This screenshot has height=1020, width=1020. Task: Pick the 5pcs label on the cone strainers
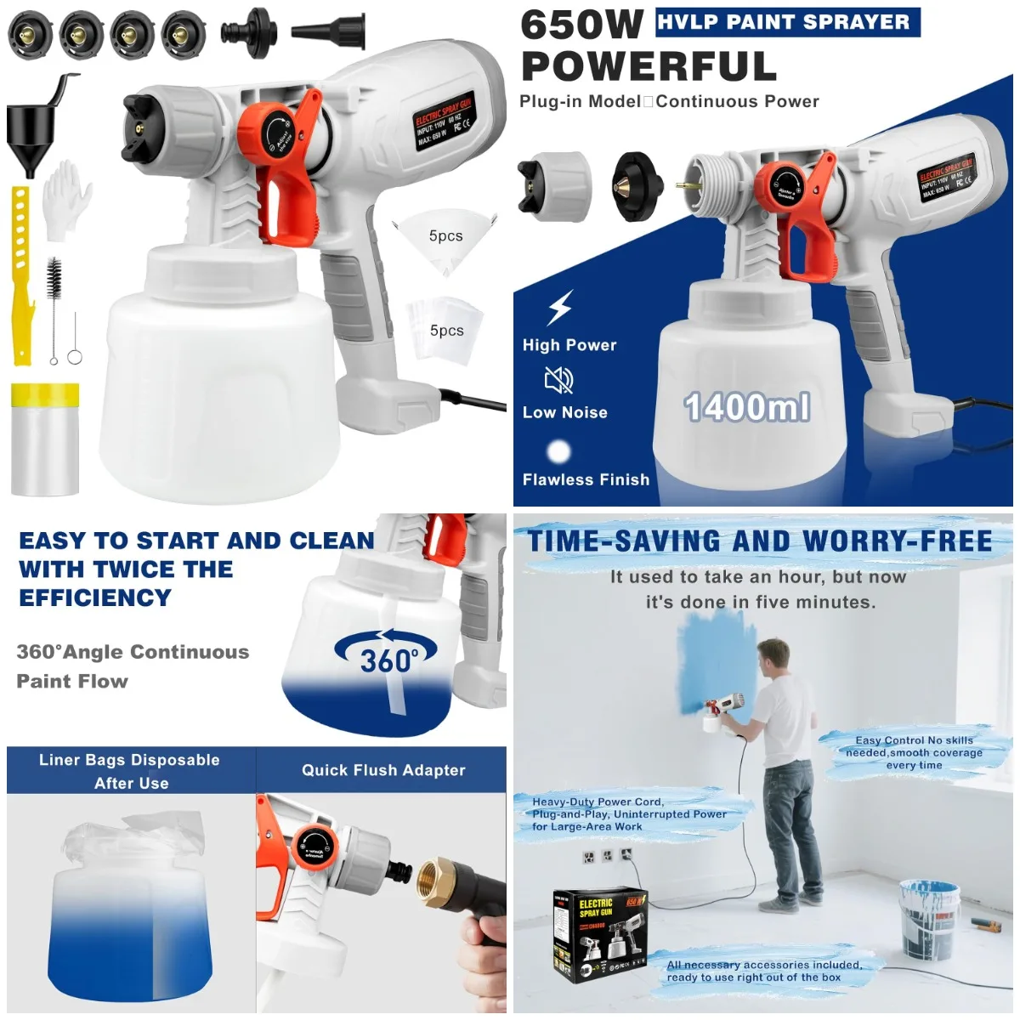pos(445,236)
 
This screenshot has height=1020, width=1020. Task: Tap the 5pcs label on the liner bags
pos(446,331)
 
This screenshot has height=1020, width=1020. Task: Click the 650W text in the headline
pos(581,25)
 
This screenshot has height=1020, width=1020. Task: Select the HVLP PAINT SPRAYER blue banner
pos(787,22)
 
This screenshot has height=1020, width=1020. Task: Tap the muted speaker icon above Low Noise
pos(558,380)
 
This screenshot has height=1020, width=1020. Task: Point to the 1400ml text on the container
pos(746,408)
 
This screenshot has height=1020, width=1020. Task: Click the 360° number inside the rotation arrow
pos(388,660)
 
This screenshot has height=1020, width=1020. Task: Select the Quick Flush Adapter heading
pos(383,770)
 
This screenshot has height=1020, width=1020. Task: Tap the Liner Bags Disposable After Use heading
pos(130,771)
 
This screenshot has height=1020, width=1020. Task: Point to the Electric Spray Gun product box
pos(600,935)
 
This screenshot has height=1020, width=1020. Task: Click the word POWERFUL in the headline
pos(649,66)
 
